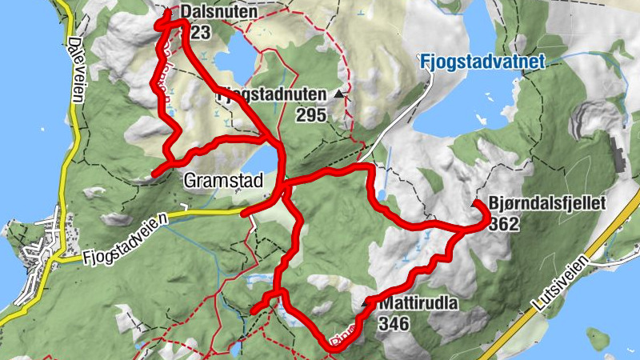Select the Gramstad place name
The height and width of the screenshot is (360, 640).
tap(222, 181)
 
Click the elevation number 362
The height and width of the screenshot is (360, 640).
tap(503, 224)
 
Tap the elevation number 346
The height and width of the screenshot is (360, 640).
tap(394, 324)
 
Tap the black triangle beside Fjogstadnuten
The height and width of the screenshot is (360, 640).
tap(340, 94)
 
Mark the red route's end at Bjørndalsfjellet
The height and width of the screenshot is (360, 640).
tap(475, 205)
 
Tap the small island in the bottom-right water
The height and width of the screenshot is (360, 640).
tap(596, 334)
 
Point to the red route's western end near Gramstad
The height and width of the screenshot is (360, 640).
tap(154, 173)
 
